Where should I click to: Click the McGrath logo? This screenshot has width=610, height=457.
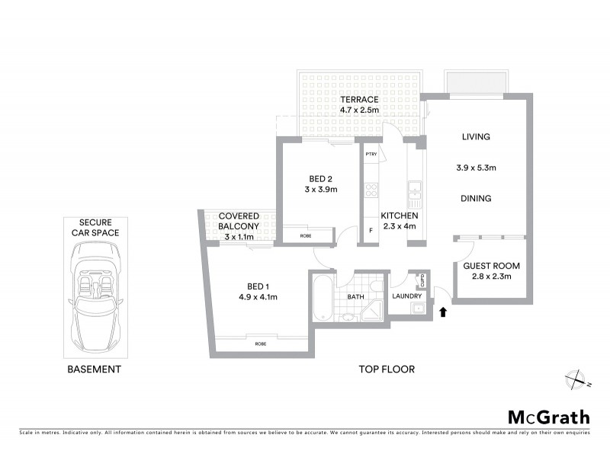(549, 417)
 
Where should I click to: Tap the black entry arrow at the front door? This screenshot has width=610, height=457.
(441, 311)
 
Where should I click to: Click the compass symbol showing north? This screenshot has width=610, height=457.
(574, 379)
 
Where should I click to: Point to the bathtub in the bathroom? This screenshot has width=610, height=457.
(321, 298)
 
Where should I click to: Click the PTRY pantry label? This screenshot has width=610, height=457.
(371, 155)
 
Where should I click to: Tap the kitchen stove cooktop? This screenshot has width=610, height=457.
(371, 190)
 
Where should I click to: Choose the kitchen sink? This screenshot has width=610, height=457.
(415, 194)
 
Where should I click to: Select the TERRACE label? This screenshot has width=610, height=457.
(359, 100)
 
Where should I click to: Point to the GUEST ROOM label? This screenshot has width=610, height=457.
(491, 266)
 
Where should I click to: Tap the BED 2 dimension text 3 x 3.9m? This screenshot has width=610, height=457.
(321, 189)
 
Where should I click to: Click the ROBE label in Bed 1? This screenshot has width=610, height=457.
(260, 344)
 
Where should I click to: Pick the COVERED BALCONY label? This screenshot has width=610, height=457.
(239, 222)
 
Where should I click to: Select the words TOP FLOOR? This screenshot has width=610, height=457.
(387, 369)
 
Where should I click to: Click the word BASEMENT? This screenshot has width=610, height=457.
(96, 369)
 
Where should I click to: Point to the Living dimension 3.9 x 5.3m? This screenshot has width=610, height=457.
(475, 168)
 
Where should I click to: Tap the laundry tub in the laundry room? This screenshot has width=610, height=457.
(418, 308)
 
